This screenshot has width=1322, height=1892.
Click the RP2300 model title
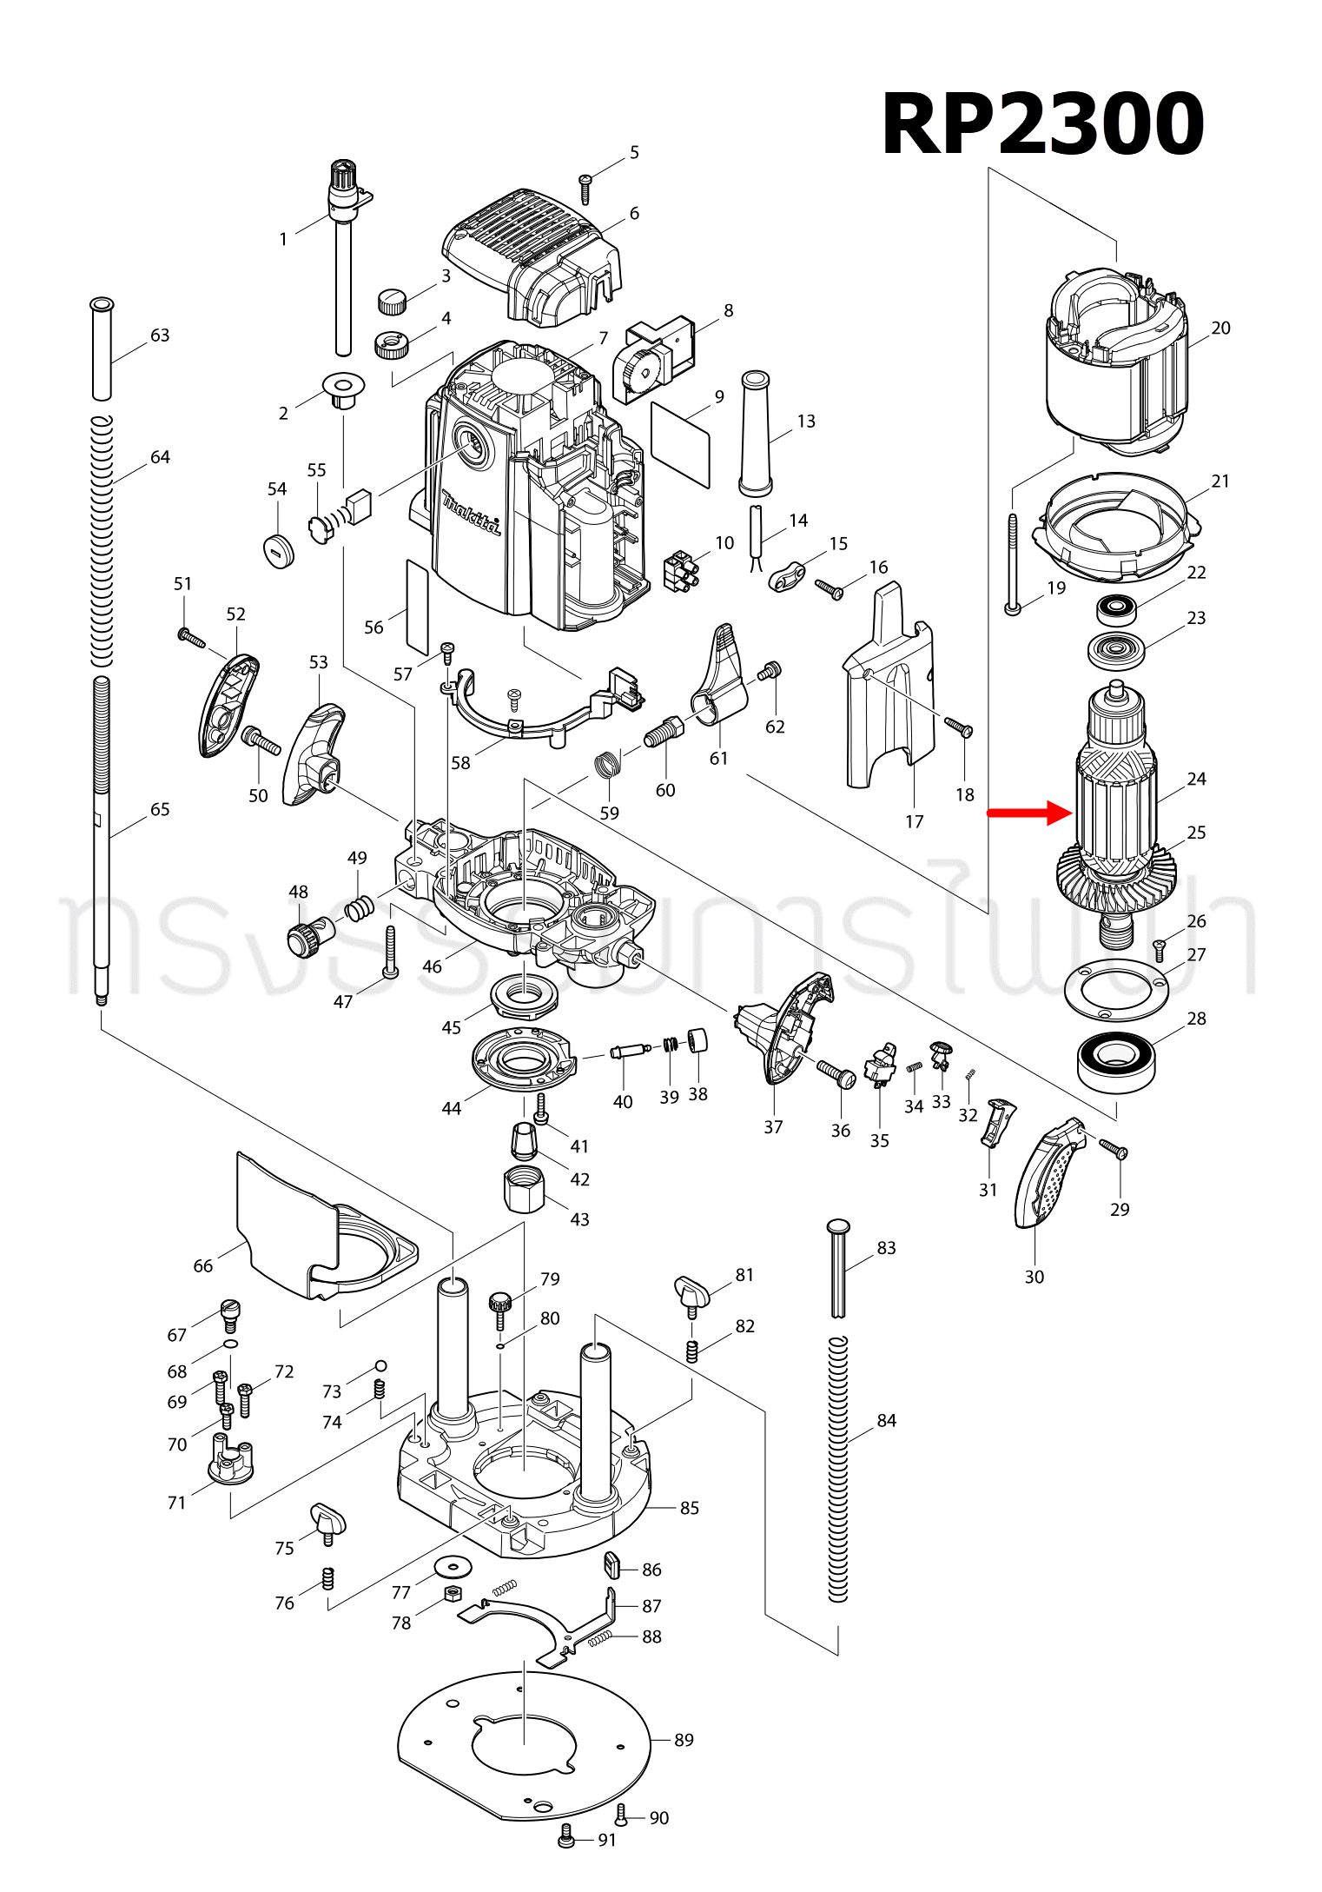[1042, 124]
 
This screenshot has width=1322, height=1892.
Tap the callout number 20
[1220, 328]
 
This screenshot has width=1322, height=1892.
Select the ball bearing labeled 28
[1116, 1061]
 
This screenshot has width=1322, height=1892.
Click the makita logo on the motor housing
[472, 514]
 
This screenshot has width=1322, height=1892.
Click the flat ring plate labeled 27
[1116, 991]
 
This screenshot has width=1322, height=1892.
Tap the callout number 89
[684, 1739]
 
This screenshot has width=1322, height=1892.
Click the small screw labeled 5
[585, 187]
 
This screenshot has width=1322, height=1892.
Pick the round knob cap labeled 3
[392, 302]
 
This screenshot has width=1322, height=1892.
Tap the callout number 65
[160, 809]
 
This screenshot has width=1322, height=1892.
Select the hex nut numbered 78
[452, 1593]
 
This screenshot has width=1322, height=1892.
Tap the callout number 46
[432, 966]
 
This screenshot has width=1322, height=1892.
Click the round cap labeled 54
[278, 548]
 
